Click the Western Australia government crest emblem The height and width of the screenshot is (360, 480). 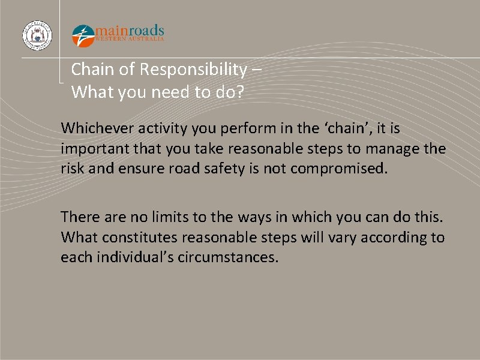37,35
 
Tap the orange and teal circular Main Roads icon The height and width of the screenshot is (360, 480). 83,35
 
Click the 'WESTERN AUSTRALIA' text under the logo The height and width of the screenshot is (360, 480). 130,39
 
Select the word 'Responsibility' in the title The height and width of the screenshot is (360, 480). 193,70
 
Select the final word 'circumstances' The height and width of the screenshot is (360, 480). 228,257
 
